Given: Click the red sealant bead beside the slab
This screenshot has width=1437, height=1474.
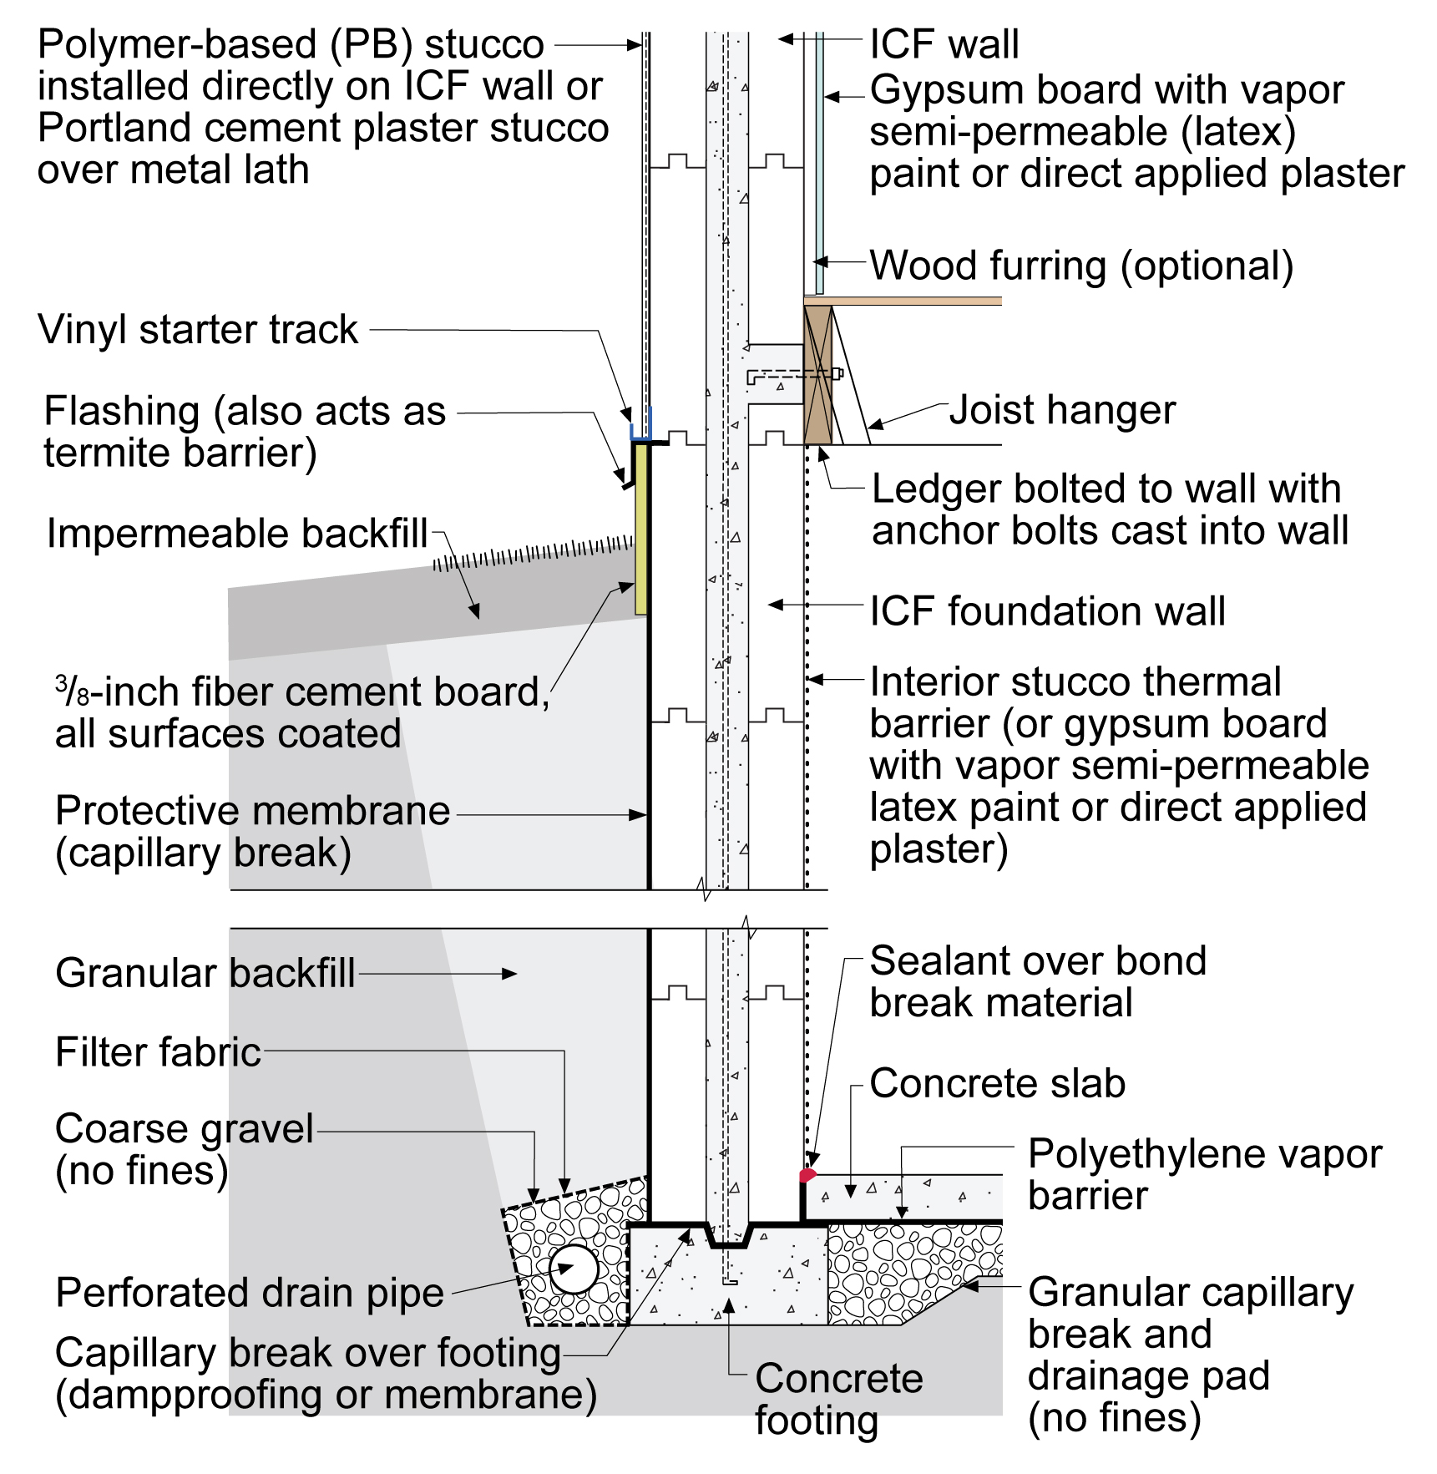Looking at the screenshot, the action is [807, 1175].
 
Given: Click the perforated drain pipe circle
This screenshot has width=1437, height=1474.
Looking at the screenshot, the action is [573, 1269].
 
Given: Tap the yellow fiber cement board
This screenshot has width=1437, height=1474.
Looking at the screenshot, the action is [641, 529].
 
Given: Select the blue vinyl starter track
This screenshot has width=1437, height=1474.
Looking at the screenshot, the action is [640, 426].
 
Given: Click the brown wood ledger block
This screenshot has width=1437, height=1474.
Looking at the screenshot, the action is [818, 375].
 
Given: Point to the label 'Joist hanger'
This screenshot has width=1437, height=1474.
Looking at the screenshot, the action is [1062, 410].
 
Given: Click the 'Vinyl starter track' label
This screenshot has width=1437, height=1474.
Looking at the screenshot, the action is [198, 329].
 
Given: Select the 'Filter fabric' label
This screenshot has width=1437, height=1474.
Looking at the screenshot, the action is [158, 1051].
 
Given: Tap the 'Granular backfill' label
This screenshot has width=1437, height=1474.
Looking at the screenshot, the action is [205, 973].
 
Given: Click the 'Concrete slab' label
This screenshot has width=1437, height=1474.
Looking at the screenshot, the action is [998, 1083].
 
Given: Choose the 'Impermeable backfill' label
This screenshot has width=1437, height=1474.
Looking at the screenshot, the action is [237, 533].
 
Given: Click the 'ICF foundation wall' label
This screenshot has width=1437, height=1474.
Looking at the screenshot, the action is [1048, 610].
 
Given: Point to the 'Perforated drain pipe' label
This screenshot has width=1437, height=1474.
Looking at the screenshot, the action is [250, 1293].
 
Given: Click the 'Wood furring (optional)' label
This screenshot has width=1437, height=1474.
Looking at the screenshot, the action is [1082, 266].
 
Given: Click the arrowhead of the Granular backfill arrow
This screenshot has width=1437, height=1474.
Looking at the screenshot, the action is [509, 973].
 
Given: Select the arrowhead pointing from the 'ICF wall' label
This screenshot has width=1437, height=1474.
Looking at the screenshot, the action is [787, 38].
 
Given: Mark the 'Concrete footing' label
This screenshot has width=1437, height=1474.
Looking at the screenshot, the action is [839, 1399].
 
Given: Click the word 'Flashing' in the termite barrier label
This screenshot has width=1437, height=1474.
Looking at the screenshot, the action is [122, 412].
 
